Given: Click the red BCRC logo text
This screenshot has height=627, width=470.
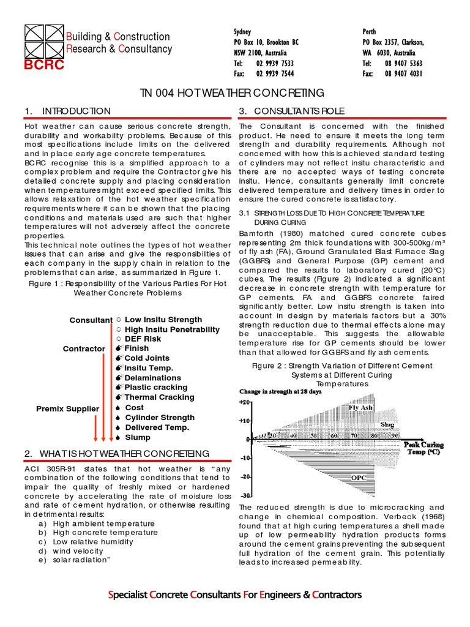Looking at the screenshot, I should [43, 66].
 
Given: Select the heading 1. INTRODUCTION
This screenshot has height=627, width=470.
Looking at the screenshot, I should [67, 111].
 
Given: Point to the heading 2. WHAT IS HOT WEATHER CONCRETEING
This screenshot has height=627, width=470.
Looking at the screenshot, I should [117, 453].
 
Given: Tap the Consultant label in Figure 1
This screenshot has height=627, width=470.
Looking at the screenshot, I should [91, 320].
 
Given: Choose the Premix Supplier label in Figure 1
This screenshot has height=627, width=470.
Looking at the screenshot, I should [67, 408].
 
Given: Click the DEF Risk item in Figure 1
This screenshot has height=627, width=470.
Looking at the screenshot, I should [143, 339].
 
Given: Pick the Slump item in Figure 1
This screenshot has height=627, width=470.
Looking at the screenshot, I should [137, 437].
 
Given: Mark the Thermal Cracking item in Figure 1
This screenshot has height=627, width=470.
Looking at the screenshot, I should [159, 397].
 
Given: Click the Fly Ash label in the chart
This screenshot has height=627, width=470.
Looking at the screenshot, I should [360, 407].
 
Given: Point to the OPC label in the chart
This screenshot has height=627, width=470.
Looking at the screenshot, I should [359, 477].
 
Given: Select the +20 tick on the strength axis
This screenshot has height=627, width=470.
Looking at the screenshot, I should [244, 402].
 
